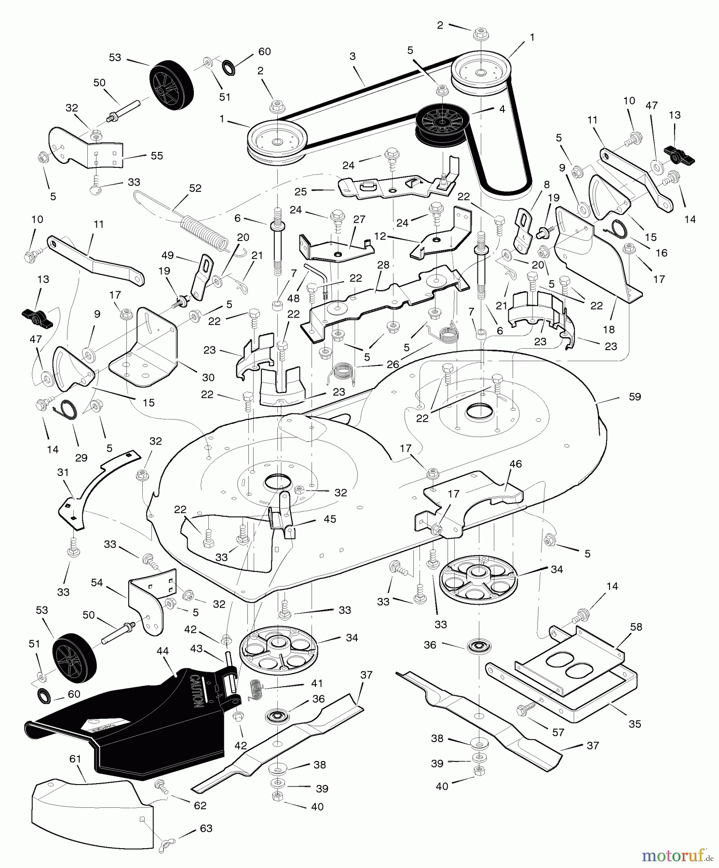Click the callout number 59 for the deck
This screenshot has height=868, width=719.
tap(635, 396)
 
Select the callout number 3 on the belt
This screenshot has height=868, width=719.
tap(353, 56)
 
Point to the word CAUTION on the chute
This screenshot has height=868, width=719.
tap(197, 691)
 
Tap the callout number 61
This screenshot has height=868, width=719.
tap(75, 759)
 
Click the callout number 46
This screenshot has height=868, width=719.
tap(516, 464)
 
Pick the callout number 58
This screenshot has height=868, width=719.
tap(636, 627)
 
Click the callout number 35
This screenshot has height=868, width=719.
tap(635, 724)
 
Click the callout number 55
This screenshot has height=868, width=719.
tap(157, 156)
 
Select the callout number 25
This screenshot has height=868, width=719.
tap(300, 191)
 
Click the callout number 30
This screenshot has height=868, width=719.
tap(208, 377)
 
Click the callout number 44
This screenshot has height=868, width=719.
tap(163, 651)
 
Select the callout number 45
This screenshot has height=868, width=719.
tap(330, 519)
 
